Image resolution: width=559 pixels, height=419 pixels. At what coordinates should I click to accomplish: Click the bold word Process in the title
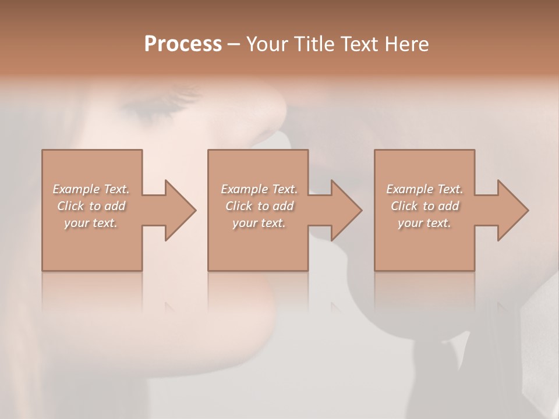pyautogui.click(x=183, y=44)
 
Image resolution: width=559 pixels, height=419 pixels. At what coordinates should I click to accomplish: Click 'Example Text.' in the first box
pyautogui.click(x=91, y=189)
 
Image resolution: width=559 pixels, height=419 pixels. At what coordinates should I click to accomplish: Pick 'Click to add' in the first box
pyautogui.click(x=91, y=206)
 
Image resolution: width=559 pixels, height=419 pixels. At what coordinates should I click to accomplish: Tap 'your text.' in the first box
pyautogui.click(x=91, y=223)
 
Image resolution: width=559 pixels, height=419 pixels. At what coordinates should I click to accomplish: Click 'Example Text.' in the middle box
pyautogui.click(x=259, y=189)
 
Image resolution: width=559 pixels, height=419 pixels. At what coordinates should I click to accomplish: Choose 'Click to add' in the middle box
pyautogui.click(x=259, y=206)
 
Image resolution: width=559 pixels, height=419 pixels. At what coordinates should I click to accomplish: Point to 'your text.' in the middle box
pyautogui.click(x=259, y=223)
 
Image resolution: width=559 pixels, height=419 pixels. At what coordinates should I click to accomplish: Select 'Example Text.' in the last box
pyautogui.click(x=424, y=189)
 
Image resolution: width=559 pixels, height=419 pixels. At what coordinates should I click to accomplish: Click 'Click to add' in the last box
pyautogui.click(x=424, y=206)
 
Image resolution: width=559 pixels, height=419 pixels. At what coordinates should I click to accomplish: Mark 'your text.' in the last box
pyautogui.click(x=424, y=223)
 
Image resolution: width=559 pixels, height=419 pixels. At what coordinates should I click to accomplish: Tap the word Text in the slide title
pyautogui.click(x=361, y=44)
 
